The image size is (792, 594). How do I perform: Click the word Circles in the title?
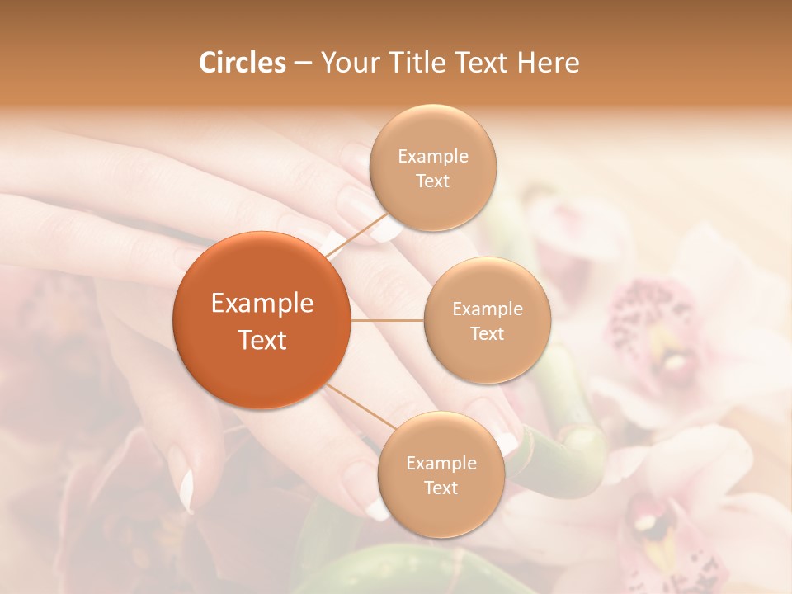[x=242, y=63]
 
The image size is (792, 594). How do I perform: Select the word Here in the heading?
[x=549, y=63]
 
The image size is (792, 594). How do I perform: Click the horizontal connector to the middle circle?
[x=387, y=320]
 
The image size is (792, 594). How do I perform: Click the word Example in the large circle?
[x=262, y=304]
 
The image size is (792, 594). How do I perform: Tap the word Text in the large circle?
[x=262, y=340]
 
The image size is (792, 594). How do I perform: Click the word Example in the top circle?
[x=432, y=157]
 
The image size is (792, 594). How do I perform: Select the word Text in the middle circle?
[x=487, y=333]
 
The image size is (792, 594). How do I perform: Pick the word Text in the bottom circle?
[x=441, y=488]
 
